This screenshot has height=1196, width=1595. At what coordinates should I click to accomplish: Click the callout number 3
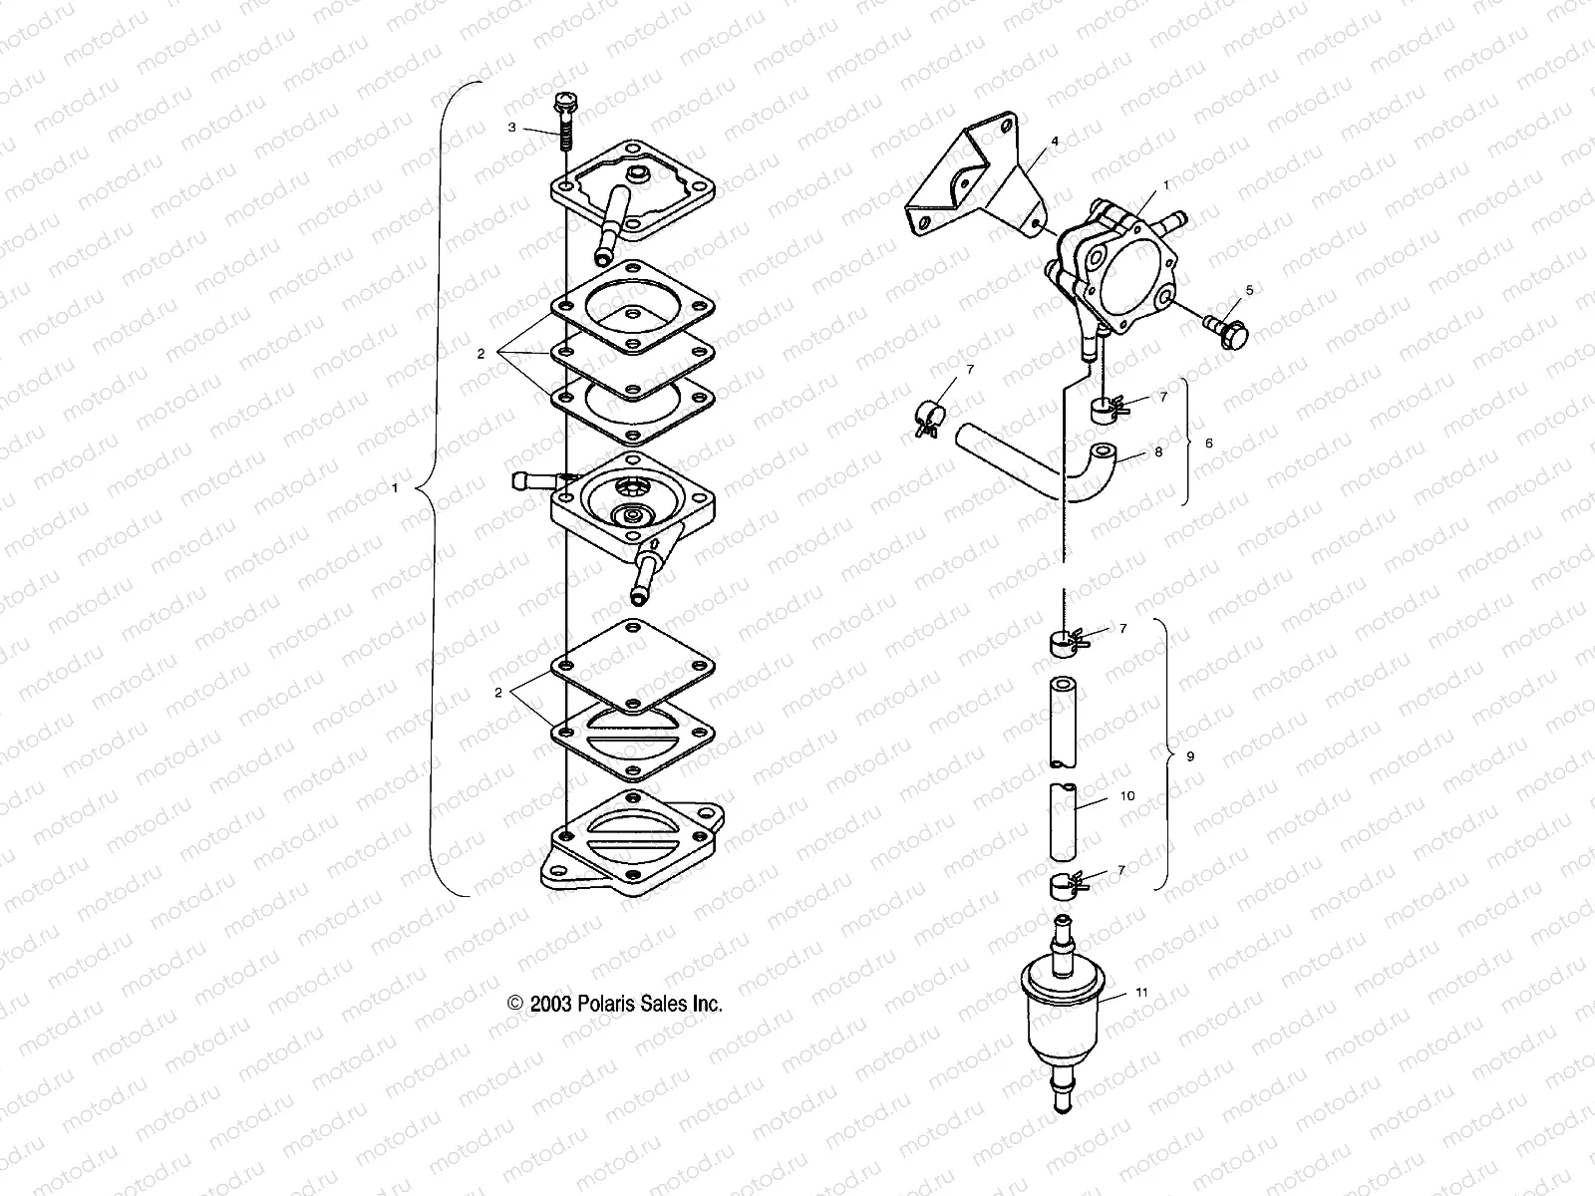click(512, 128)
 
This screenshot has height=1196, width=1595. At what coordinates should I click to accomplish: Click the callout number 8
click(1157, 451)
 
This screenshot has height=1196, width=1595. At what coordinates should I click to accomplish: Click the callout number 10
click(1127, 796)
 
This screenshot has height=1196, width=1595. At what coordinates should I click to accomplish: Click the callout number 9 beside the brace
click(1190, 756)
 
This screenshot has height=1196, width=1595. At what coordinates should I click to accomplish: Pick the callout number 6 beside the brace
click(1209, 443)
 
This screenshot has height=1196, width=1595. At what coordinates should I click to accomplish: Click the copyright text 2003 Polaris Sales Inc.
click(615, 1004)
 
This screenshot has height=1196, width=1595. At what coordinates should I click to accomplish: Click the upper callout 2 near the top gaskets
click(480, 354)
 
